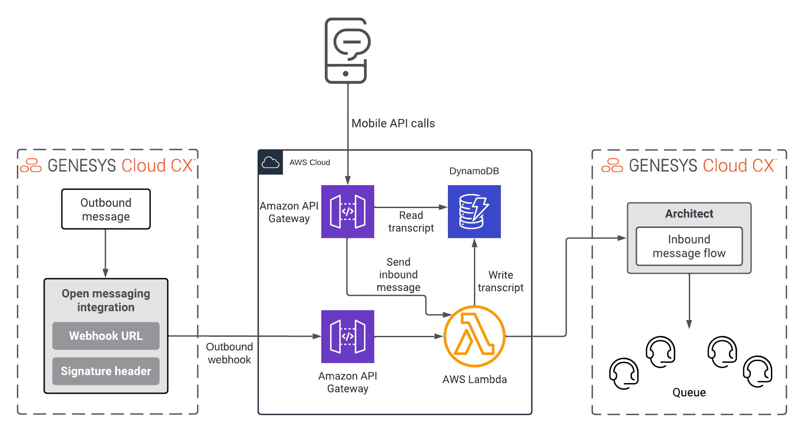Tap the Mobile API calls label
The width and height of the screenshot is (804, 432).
(x=393, y=123)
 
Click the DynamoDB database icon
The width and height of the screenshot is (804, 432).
(x=474, y=212)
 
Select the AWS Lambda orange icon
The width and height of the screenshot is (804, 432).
(x=474, y=336)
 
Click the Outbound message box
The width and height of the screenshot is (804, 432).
(x=106, y=209)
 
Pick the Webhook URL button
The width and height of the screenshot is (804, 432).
(x=106, y=336)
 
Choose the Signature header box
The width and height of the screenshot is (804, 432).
(x=106, y=371)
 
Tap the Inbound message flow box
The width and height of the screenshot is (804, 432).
(x=689, y=246)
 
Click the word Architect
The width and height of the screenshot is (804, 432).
(x=689, y=214)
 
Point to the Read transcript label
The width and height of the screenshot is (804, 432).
(x=411, y=222)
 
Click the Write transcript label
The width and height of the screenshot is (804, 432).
(x=500, y=281)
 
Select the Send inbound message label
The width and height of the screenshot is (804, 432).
(x=398, y=275)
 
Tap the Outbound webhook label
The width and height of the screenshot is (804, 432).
(x=229, y=353)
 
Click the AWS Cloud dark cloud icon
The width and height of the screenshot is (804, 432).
(x=271, y=163)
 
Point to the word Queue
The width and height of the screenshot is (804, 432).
(x=689, y=392)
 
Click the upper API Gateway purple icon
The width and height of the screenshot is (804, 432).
(x=348, y=212)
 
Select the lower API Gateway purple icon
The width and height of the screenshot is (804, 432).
(x=348, y=336)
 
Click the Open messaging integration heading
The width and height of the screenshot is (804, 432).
(x=106, y=300)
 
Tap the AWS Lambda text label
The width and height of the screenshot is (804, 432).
(x=474, y=380)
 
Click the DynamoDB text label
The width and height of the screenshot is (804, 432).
(x=474, y=171)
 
